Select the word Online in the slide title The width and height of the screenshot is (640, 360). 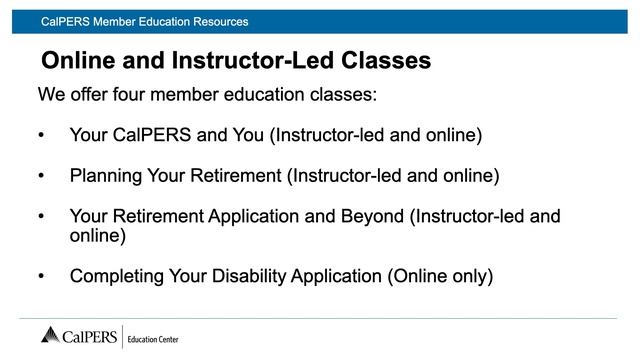point(82,61)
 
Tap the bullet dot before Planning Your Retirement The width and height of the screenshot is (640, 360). point(41,176)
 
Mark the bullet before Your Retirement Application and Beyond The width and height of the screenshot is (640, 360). point(41,216)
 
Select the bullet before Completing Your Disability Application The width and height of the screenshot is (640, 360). point(41,276)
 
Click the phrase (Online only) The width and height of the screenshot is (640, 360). point(440,276)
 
